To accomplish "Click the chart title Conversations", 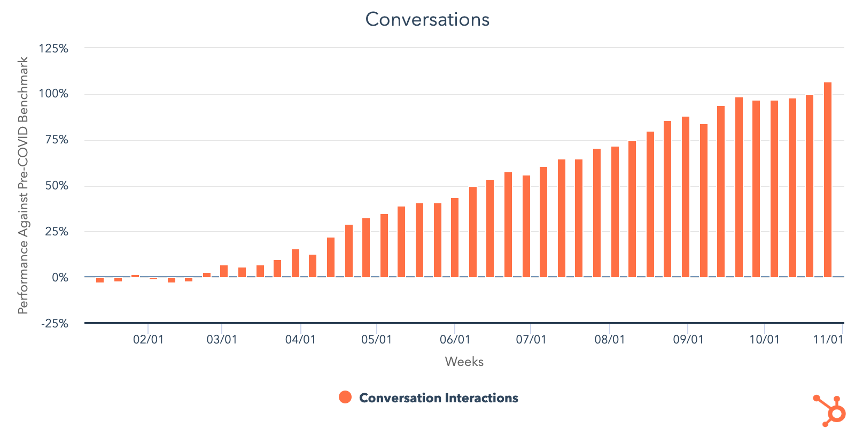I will pos(428,20).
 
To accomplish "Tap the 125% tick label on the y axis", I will pos(53,49).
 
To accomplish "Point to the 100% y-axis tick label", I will pos(53,94).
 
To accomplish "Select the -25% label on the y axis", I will pos(55,324).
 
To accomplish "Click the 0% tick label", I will pos(60,278).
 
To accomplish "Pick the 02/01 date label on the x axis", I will pos(148,340).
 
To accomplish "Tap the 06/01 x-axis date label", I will pos(455,340).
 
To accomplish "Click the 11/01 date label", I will pos(828,340).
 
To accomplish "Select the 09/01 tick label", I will pos(688,340).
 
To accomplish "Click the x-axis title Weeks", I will pos(464,362).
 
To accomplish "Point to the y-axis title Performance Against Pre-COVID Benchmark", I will pos(23,186).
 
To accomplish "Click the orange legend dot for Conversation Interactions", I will pos(345,397).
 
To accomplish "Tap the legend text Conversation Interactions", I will pos(438,398).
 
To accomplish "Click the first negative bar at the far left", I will pos(100,280).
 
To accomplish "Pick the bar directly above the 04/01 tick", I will pos(296,263).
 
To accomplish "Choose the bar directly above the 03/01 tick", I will pos(224,271).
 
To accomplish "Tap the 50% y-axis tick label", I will pos(57,186).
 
